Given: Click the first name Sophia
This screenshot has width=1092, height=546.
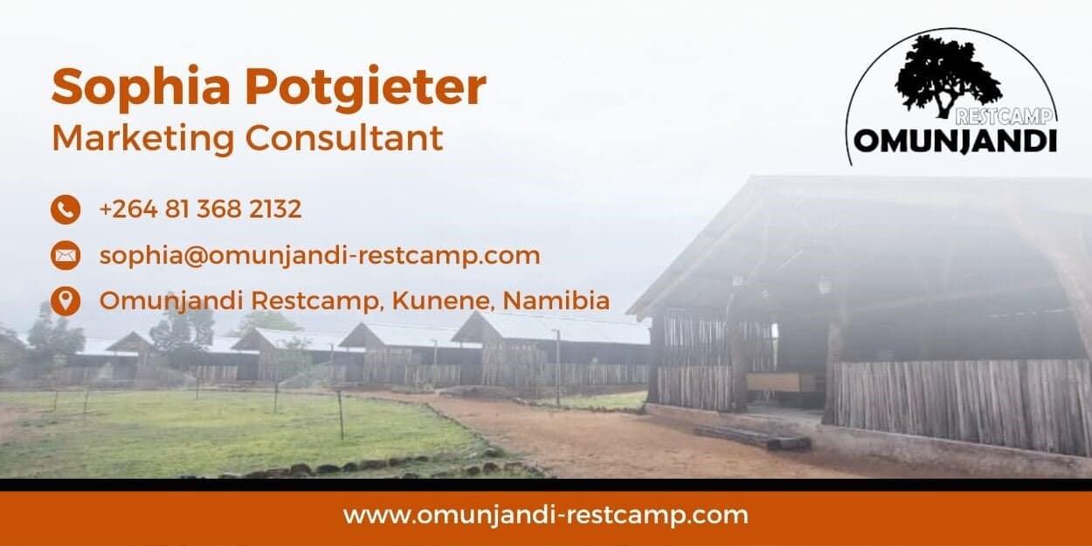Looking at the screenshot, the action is pos(141,87).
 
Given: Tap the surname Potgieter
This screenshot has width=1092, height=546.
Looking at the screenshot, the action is pos(365,87).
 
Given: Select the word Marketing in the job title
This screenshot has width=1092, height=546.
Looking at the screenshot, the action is pos(143,140).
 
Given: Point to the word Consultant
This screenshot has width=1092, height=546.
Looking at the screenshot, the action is pos(344,138).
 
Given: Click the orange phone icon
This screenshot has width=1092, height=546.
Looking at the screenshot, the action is pos(66,210).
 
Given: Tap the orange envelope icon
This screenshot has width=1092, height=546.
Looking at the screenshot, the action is pos(66,255).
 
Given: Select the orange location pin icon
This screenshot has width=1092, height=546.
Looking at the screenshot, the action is pos(66,301).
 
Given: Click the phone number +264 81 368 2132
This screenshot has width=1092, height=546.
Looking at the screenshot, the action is pos(200,209).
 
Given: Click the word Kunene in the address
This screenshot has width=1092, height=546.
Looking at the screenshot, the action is pos(443,301).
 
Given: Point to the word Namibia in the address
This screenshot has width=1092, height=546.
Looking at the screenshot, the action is pos(556,301).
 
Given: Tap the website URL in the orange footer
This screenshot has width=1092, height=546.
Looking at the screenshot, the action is pos(545,516).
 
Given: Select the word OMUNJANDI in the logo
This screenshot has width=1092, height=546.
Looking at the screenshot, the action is pos(956,142).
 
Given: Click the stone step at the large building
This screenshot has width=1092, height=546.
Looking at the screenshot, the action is pos(753,437).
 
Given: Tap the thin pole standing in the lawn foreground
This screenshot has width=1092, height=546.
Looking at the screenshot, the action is pos(341,414).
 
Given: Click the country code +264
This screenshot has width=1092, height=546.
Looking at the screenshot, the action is pos(128,209).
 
